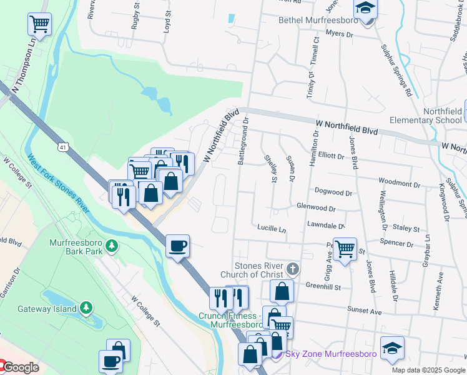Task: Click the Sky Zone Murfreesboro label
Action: pos(331,354)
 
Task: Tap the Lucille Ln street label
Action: pos(271,229)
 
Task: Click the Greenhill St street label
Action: pos(323,287)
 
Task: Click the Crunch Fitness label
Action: pos(230,320)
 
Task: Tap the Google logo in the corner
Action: pos(21,367)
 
